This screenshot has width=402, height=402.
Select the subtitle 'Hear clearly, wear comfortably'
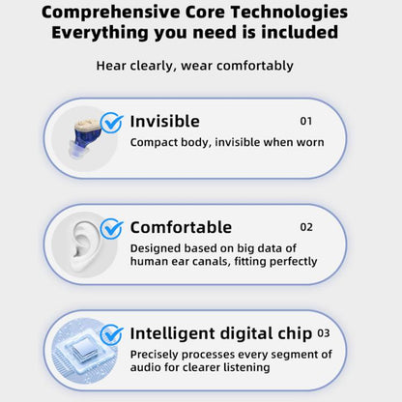tap(194, 67)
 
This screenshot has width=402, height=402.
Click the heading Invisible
tap(164, 122)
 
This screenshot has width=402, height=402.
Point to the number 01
tap(306, 122)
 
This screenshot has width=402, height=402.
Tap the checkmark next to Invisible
tap(112, 123)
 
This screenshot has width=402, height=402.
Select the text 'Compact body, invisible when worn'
tap(226, 142)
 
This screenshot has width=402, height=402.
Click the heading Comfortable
tap(181, 228)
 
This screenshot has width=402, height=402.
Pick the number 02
tap(306, 228)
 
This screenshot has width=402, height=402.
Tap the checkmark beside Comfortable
tap(112, 229)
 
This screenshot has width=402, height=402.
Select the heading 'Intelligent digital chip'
tap(221, 333)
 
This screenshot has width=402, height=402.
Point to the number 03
tap(324, 333)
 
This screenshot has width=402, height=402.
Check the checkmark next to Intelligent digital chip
tap(112, 335)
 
